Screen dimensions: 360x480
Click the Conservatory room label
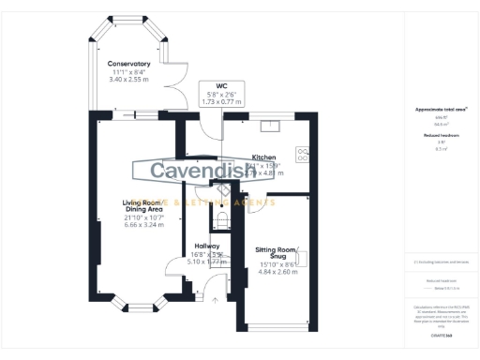click(128, 64)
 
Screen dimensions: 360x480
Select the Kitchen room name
click(263, 157)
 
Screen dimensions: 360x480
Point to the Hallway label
click(207, 246)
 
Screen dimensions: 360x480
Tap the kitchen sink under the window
click(267, 125)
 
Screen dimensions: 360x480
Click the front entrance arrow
click(215, 300)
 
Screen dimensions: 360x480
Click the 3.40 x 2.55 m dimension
click(128, 80)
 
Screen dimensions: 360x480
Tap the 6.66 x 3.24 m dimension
click(143, 226)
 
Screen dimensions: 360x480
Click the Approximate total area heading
click(434, 109)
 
